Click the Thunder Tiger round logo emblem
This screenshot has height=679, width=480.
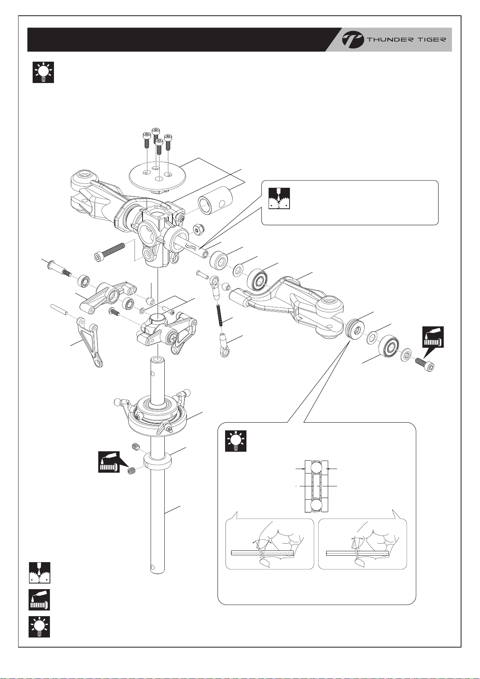point(352,40)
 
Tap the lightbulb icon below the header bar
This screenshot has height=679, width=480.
point(43,73)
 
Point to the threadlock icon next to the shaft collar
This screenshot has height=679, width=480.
point(109,462)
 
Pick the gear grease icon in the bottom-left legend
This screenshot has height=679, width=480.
point(39,572)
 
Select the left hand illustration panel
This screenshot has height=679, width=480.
point(269,544)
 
